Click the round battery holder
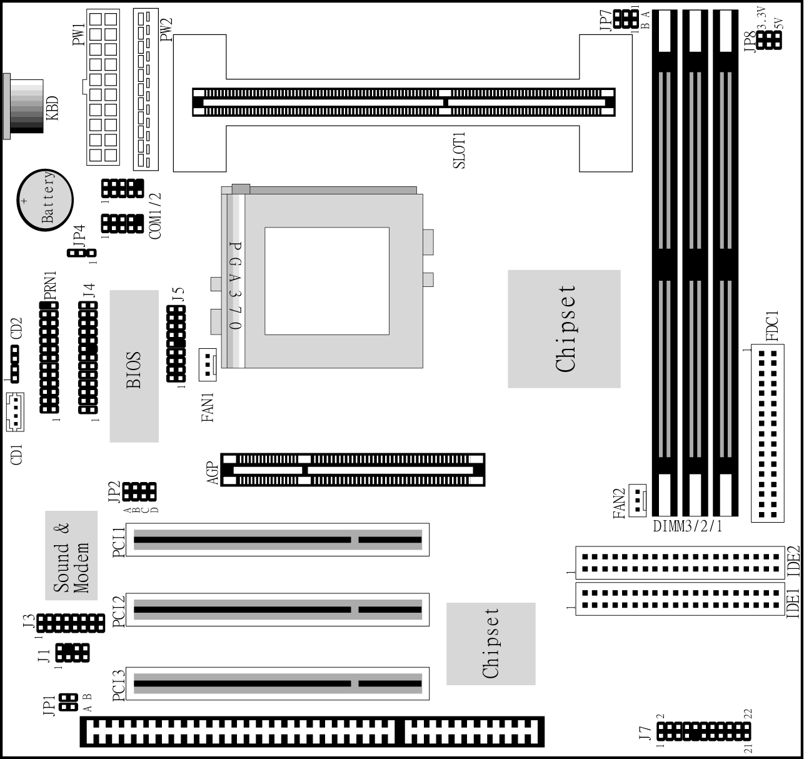[x=45, y=200]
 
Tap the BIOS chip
[x=134, y=366]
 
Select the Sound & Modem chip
[x=71, y=555]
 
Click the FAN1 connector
[x=208, y=364]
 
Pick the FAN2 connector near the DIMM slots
[x=638, y=501]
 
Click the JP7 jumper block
[x=626, y=19]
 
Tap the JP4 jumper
[x=82, y=253]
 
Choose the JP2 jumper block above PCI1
[x=139, y=491]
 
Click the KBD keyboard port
[x=24, y=106]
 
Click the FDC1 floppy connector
[x=768, y=433]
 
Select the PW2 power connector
[x=146, y=89]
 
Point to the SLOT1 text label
[x=459, y=150]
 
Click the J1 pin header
[x=73, y=653]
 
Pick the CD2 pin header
[x=15, y=364]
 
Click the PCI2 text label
[x=119, y=612]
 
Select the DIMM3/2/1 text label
[x=688, y=526]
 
